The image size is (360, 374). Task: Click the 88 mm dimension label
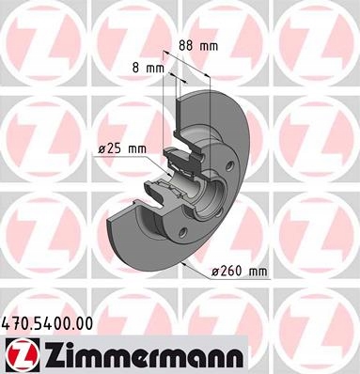coord(198,46)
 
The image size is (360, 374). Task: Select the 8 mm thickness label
coord(149,68)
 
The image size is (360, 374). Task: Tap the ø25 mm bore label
coord(122,149)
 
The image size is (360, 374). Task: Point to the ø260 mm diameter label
coord(240,271)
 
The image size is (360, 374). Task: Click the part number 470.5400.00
coord(48,323)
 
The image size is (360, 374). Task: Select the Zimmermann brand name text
coord(143,354)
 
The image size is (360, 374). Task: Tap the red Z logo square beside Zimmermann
coord(21,353)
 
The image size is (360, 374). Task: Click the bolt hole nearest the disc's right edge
coord(230,164)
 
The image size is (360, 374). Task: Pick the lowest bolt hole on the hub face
coord(182,232)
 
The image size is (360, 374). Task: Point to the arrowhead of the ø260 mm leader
coord(184,264)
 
